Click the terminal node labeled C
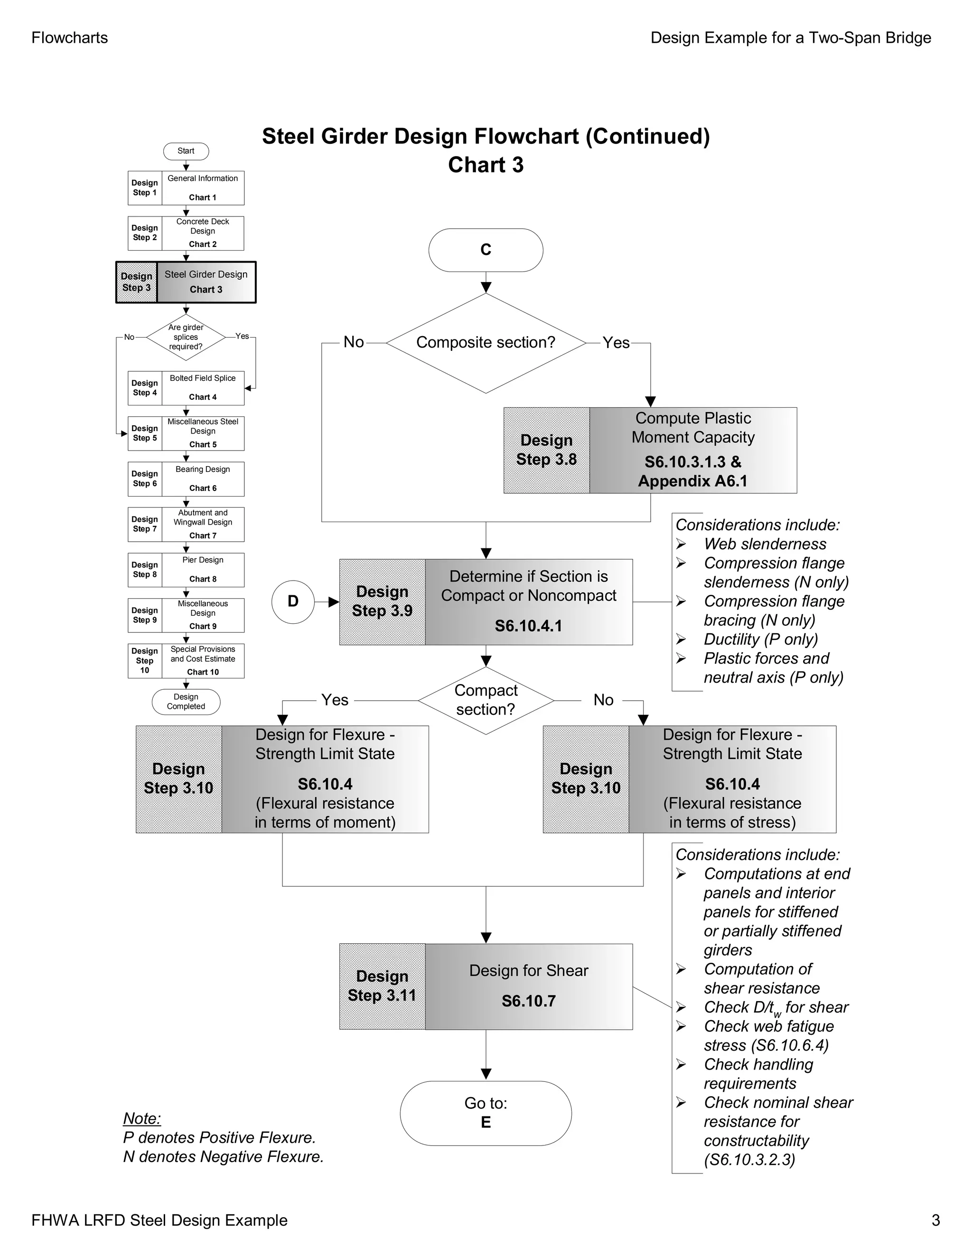click(x=486, y=250)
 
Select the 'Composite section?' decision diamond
click(x=486, y=343)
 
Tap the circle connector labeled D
click(x=293, y=601)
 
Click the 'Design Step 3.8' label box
click(x=546, y=450)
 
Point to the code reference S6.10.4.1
click(x=528, y=626)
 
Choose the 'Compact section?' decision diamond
click(x=486, y=700)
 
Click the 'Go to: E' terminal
click(x=486, y=1112)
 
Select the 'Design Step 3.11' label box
click(x=382, y=986)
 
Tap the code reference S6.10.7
click(x=528, y=1001)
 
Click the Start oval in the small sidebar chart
click(x=186, y=151)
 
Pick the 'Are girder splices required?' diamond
click(x=186, y=337)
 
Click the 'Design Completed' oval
click(x=186, y=702)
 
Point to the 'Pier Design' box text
click(x=203, y=560)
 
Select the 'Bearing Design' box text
click(x=203, y=469)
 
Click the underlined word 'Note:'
click(x=141, y=1118)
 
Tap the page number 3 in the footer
click(x=936, y=1220)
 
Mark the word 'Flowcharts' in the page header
click(x=70, y=38)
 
